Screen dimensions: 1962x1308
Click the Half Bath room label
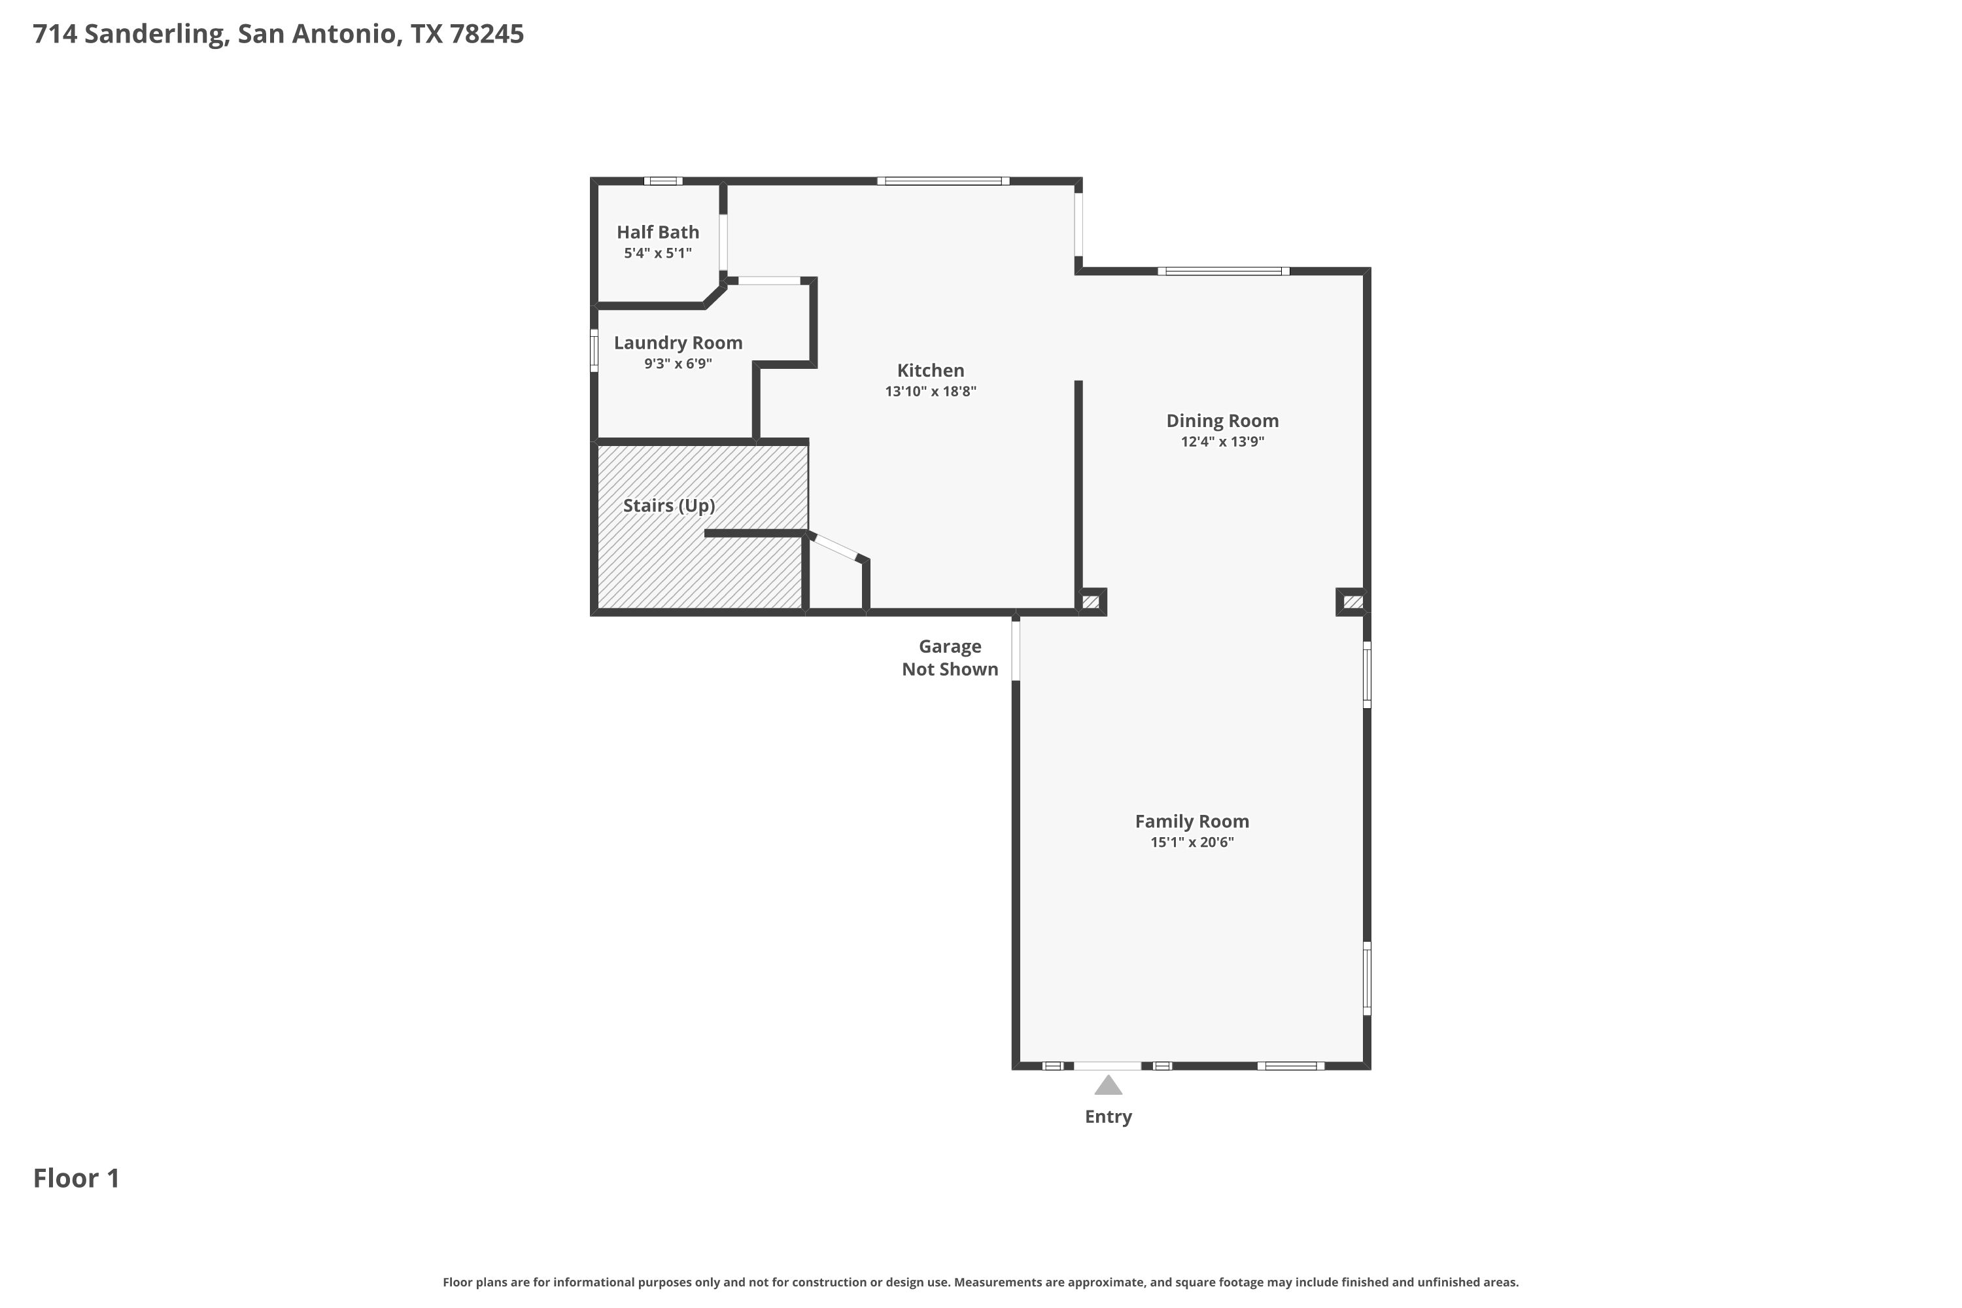pyautogui.click(x=657, y=232)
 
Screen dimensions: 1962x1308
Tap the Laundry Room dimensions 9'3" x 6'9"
pyautogui.click(x=678, y=364)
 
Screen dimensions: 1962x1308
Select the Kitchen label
pyautogui.click(x=930, y=370)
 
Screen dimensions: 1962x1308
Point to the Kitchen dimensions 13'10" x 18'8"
pyautogui.click(x=930, y=391)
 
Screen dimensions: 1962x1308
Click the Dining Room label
pyautogui.click(x=1222, y=421)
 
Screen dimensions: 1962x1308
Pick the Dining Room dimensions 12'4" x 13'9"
pyautogui.click(x=1222, y=442)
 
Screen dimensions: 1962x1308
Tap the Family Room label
pyautogui.click(x=1192, y=821)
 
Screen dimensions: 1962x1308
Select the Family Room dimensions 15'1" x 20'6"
pyautogui.click(x=1192, y=842)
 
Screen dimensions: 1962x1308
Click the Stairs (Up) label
pyautogui.click(x=669, y=506)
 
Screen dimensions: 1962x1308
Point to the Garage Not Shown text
pyautogui.click(x=950, y=657)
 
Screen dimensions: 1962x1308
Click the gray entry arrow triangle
pyautogui.click(x=1108, y=1085)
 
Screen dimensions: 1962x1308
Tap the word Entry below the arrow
pyautogui.click(x=1108, y=1117)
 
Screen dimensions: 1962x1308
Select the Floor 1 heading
pyautogui.click(x=77, y=1178)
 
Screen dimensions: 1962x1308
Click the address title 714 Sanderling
pyautogui.click(x=128, y=34)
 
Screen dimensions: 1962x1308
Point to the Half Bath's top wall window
pyautogui.click(x=663, y=181)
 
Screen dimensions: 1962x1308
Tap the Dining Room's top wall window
pyautogui.click(x=1223, y=271)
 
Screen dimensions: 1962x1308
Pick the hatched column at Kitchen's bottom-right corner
pyautogui.click(x=1090, y=602)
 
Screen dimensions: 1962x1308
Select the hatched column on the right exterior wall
pyautogui.click(x=1353, y=602)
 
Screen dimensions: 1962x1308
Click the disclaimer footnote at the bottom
pyautogui.click(x=981, y=1282)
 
